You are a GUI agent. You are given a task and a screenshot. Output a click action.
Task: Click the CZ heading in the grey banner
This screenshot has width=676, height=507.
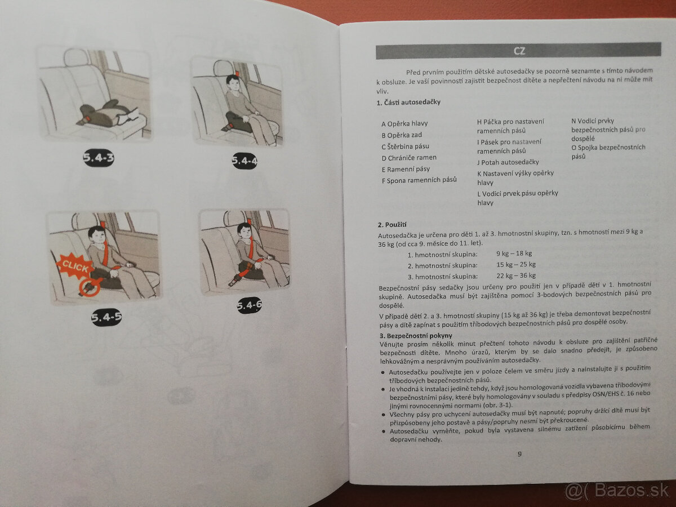point(518,51)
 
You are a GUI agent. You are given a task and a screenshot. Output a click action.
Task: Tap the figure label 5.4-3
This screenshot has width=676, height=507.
point(98,158)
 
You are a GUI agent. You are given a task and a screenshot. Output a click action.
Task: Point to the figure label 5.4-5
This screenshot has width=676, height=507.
point(106,317)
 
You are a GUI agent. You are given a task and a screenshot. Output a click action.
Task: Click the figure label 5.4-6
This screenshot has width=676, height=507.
point(248,305)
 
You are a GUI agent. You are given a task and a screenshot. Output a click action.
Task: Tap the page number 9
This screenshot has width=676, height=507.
point(519,454)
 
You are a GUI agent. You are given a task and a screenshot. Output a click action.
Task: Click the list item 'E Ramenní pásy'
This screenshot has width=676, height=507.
point(405,169)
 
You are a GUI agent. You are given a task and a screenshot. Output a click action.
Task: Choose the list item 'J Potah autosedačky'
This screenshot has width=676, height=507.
point(508,162)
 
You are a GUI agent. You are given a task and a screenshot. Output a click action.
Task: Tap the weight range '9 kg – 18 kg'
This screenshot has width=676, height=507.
point(513,253)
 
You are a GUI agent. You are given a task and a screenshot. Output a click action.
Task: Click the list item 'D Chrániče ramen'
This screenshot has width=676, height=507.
point(408,158)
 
